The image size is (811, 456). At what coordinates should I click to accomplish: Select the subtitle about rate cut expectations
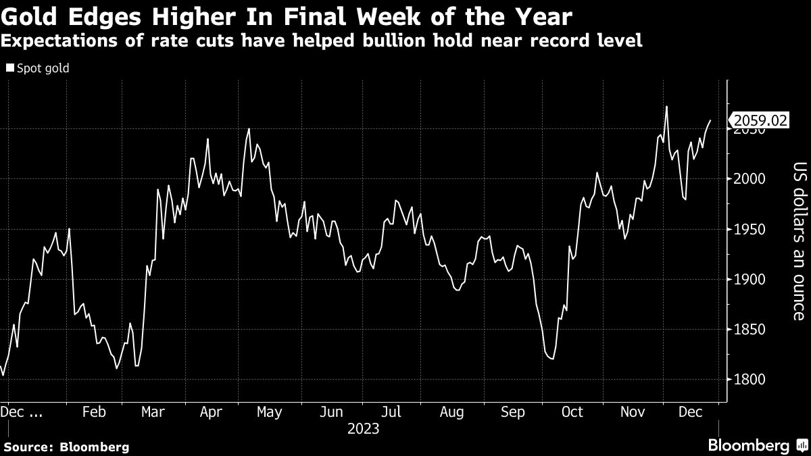322,41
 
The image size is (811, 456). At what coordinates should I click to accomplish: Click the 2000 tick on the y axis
750,179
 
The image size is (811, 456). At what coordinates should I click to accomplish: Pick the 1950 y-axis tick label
750,230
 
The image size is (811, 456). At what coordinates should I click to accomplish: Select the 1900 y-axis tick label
750,280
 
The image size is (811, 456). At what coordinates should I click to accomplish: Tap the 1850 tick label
750,330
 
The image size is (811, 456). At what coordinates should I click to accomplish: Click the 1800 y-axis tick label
750,380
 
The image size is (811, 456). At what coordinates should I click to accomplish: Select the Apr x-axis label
213,412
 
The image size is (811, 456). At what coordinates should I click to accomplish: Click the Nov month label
633,412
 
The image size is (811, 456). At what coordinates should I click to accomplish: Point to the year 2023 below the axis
363,429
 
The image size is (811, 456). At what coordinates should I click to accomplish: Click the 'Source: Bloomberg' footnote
66,447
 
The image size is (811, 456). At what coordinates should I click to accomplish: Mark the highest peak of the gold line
666,107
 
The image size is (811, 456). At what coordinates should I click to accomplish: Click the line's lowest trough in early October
552,359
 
